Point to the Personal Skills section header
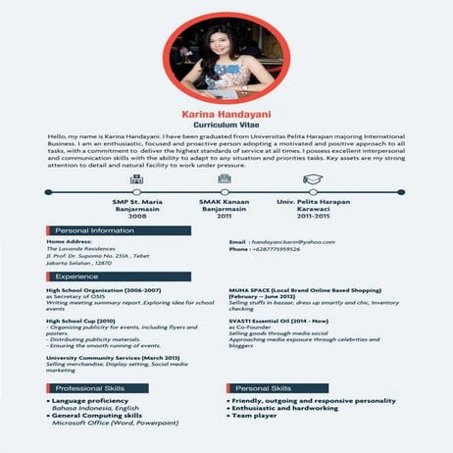(264, 389)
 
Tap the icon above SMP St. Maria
(137, 180)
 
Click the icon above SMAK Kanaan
(226, 180)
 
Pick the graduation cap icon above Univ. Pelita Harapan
(312, 180)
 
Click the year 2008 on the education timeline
(137, 216)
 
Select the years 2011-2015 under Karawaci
(312, 216)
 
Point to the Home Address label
(69, 241)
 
